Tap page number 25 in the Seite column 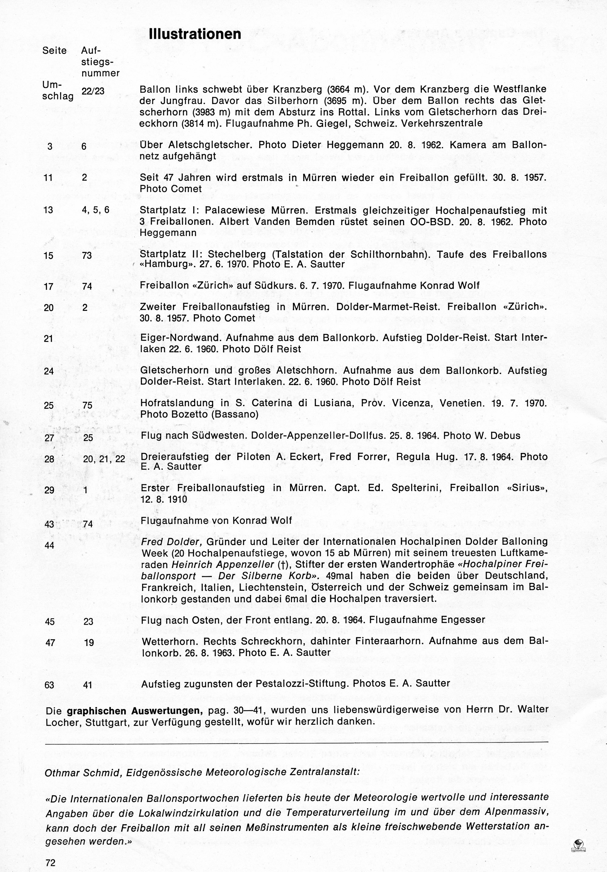(49, 406)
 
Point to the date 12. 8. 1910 (164, 499)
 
